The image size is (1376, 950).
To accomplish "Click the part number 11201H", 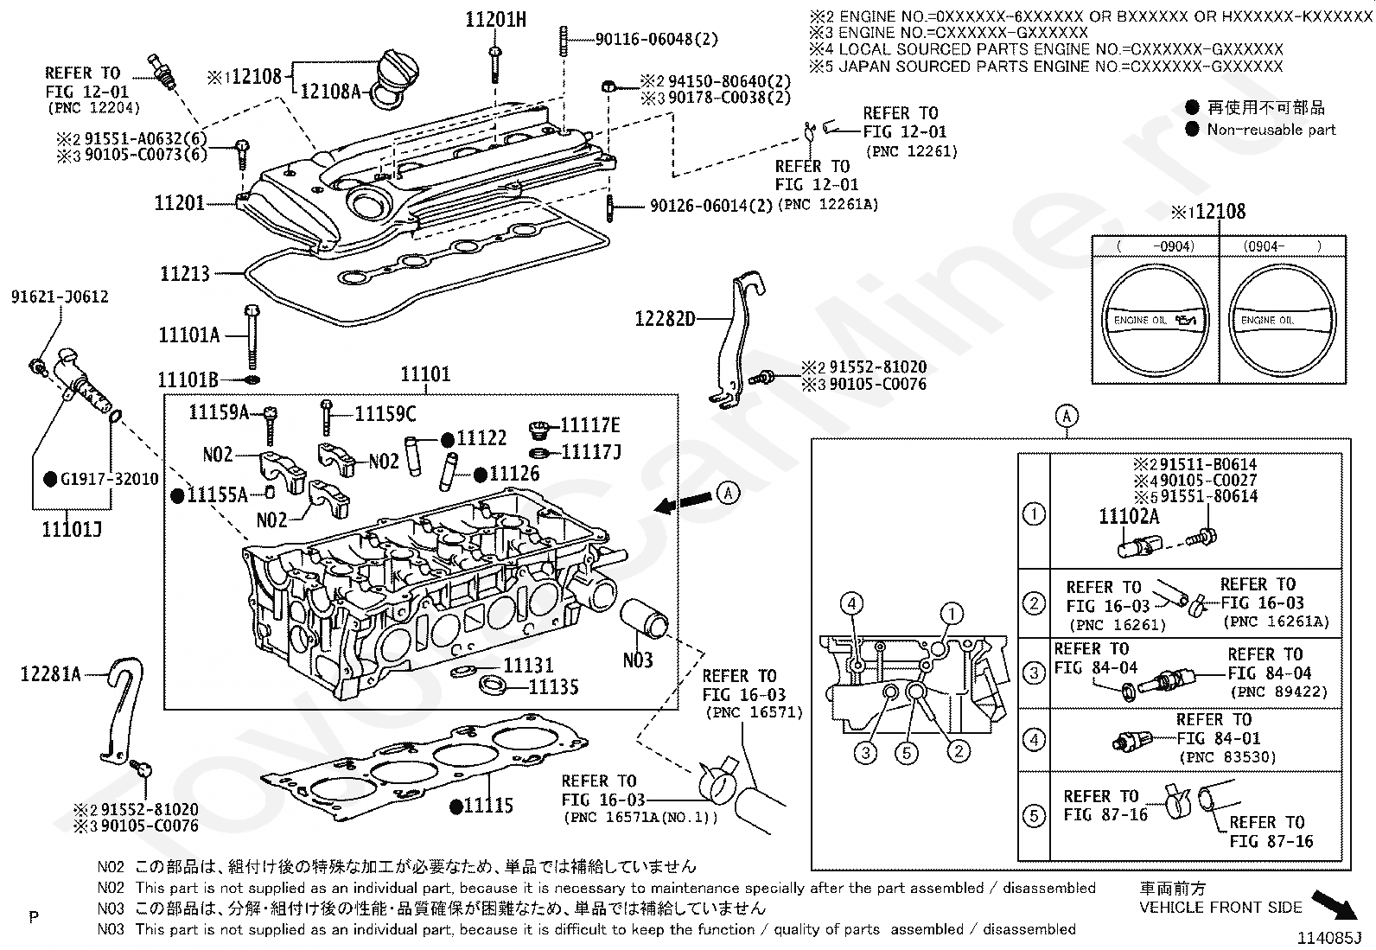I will [495, 19].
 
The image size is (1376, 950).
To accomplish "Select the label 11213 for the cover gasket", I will [185, 274].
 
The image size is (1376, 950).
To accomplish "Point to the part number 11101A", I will [189, 335].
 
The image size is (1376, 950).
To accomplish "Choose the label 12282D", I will [665, 319].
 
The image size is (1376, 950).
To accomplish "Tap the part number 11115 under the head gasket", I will [488, 807].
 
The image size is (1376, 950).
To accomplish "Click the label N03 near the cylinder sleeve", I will [638, 660].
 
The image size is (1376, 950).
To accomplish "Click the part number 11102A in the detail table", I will [1129, 517].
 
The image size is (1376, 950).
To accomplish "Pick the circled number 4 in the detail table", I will [1034, 739].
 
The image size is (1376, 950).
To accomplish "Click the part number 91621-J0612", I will [60, 297].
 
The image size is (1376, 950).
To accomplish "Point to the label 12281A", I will [50, 673].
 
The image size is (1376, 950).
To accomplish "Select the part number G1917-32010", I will [108, 479].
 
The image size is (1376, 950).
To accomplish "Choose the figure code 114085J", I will [1328, 936].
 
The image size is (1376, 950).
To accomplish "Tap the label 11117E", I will [590, 425].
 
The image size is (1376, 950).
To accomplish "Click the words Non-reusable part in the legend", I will [1271, 130].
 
